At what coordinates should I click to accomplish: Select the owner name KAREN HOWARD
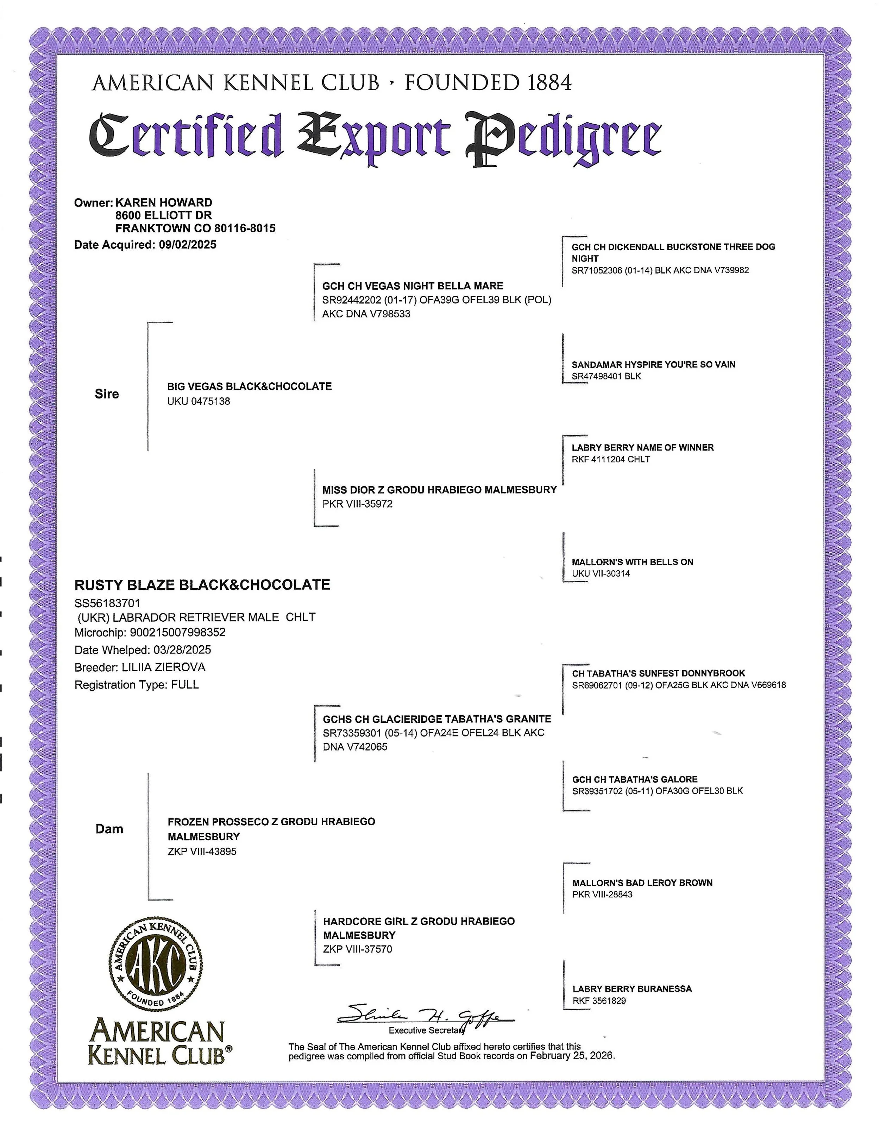[x=163, y=202]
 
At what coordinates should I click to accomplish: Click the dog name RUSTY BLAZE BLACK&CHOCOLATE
[x=202, y=585]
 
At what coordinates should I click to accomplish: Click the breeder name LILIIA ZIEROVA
[x=163, y=667]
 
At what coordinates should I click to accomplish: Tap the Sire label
[x=107, y=394]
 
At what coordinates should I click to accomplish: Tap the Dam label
[x=109, y=829]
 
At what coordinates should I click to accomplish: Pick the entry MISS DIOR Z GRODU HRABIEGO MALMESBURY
[x=439, y=489]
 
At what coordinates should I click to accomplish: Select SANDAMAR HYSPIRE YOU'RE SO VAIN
[x=653, y=364]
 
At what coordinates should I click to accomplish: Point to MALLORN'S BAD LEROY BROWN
[x=642, y=883]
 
